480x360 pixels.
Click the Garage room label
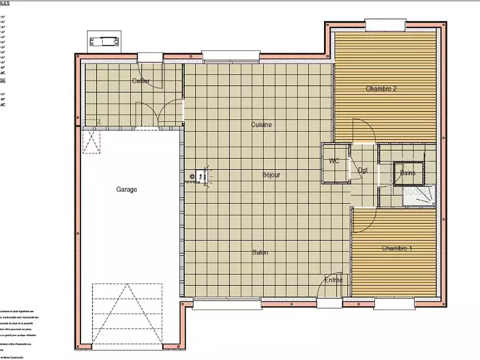127,189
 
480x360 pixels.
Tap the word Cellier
141,81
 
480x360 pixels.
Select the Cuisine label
261,125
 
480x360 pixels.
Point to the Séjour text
271,175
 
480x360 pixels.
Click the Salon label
260,253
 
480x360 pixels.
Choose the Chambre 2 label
381,89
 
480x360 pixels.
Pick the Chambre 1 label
397,248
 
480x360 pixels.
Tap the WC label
334,161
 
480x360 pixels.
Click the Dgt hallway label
363,170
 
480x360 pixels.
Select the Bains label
409,173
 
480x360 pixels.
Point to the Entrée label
334,280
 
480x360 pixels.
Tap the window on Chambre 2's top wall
384,25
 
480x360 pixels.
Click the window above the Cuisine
231,56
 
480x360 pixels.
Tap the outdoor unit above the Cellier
104,41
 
